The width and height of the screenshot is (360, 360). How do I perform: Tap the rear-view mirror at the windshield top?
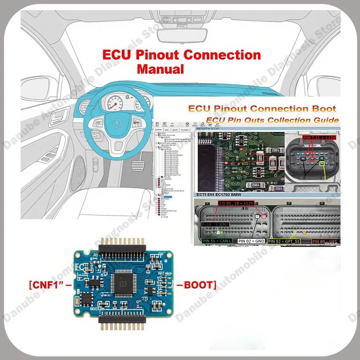coord(180,33)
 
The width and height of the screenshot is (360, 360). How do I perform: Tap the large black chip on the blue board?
coord(123,284)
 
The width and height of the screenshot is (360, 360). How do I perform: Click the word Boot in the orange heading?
coord(323,109)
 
